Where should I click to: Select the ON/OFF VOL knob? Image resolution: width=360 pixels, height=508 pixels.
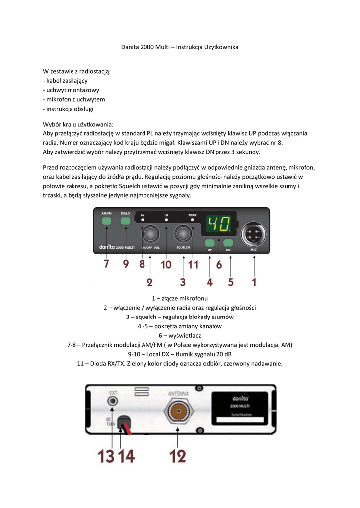(x=150, y=233)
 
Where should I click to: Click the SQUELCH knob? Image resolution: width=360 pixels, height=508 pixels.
(x=183, y=233)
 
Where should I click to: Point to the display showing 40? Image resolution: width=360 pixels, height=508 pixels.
(x=218, y=225)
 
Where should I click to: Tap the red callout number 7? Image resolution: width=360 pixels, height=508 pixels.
(x=106, y=264)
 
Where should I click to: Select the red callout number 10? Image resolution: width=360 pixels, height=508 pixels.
(x=166, y=265)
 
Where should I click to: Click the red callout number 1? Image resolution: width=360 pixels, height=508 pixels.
(x=254, y=282)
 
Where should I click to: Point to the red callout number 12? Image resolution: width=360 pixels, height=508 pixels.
(x=178, y=455)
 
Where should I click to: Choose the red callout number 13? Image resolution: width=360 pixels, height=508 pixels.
(x=106, y=455)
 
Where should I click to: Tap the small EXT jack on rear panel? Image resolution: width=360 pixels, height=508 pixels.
(x=113, y=401)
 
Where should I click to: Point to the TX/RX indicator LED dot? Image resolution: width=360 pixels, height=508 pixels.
(x=192, y=219)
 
